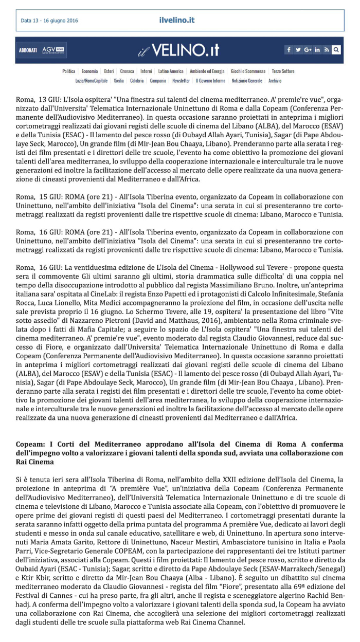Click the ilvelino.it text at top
[x=176, y=21]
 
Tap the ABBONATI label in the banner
[x=28, y=50]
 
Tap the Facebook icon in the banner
[x=289, y=50]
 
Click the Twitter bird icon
[x=298, y=50]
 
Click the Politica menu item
[x=68, y=71]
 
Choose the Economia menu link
[x=89, y=71]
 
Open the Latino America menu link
[x=171, y=71]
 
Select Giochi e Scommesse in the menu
[x=248, y=71]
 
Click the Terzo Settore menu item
[x=283, y=71]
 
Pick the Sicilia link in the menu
[x=119, y=81]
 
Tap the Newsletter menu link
[x=181, y=81]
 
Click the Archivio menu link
[x=275, y=81]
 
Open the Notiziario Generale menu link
[x=247, y=81]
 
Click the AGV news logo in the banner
[x=54, y=50]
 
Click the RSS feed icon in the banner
[x=327, y=50]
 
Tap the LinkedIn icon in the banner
[x=317, y=50]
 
